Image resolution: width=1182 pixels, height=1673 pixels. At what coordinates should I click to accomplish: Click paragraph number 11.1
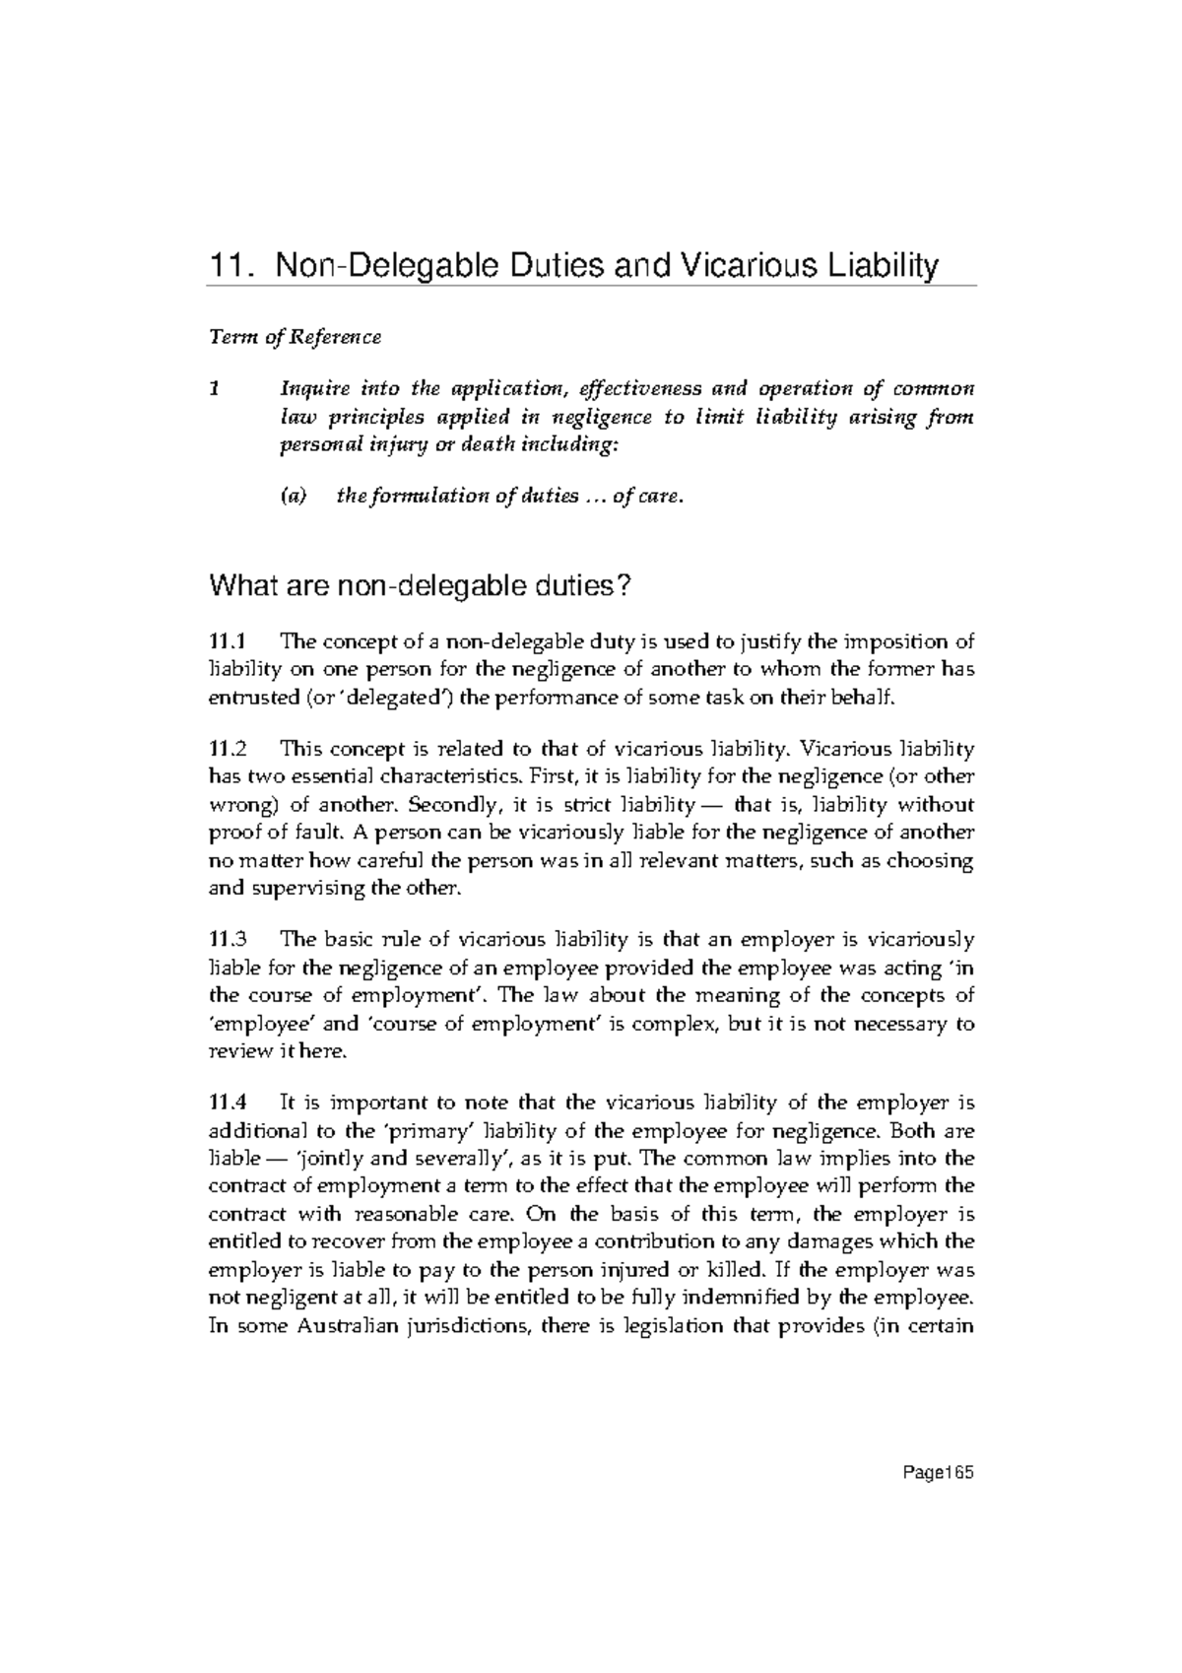(231, 642)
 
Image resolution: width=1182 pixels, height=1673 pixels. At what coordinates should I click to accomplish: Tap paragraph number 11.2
(231, 749)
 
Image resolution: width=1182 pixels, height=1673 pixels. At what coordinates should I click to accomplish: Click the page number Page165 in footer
(938, 1474)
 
